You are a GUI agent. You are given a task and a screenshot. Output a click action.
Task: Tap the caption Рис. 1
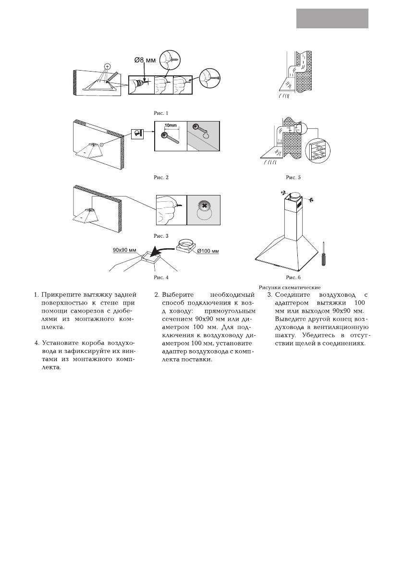coord(160,113)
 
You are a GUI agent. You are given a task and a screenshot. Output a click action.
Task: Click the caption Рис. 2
coord(160,177)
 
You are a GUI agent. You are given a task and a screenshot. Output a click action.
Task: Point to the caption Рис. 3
coord(160,236)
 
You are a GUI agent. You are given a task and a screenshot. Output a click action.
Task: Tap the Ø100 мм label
coord(208,251)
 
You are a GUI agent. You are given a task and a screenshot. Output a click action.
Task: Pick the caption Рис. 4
coord(160,277)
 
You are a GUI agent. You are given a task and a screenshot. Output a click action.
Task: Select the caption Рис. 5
coord(293,177)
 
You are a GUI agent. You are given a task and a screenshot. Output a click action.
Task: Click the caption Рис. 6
coord(293,277)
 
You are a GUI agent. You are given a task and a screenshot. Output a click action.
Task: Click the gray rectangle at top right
coord(332,18)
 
